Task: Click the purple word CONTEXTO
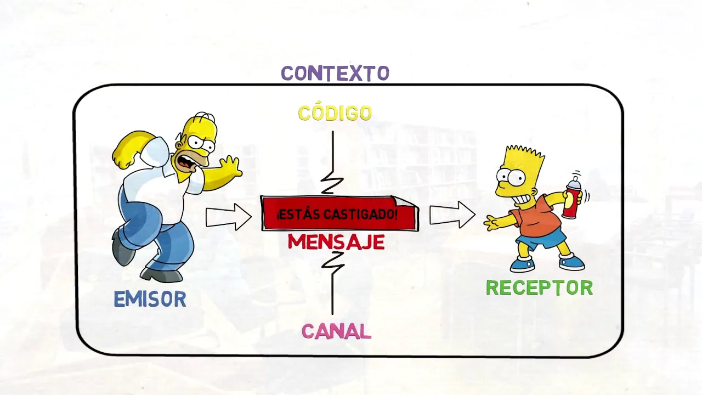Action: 335,73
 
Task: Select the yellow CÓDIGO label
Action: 335,113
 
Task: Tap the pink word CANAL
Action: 336,331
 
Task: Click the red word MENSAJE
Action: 336,242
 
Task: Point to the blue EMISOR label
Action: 150,299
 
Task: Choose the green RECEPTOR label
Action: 539,287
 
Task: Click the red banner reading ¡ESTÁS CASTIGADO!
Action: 338,213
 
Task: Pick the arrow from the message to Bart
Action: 451,214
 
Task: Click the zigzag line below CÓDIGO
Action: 332,165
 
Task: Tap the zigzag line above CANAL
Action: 332,283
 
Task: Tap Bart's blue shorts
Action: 540,239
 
